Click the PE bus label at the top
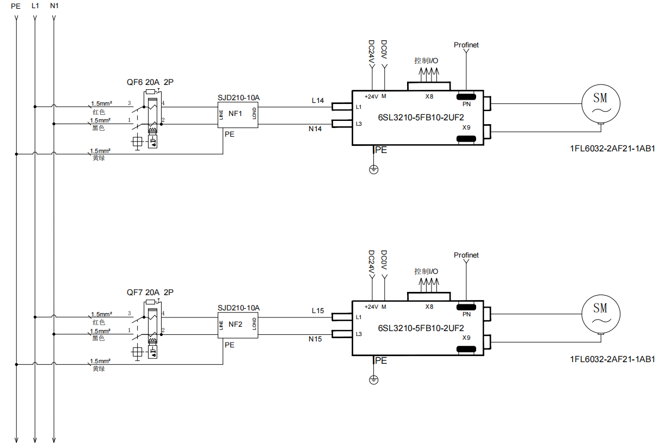(15, 6)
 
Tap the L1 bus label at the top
(35, 6)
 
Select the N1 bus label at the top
(54, 6)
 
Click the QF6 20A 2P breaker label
(150, 82)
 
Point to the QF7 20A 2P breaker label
(150, 292)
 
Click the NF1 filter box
(238, 114)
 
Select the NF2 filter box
(238, 325)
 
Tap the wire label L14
(318, 101)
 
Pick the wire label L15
(318, 311)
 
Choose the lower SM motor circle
(600, 313)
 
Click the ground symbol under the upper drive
(373, 169)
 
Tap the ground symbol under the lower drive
(373, 380)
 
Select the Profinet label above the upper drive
(466, 45)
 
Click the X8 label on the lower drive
(429, 307)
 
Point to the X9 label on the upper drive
(466, 127)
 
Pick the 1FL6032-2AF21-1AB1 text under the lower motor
(612, 359)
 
